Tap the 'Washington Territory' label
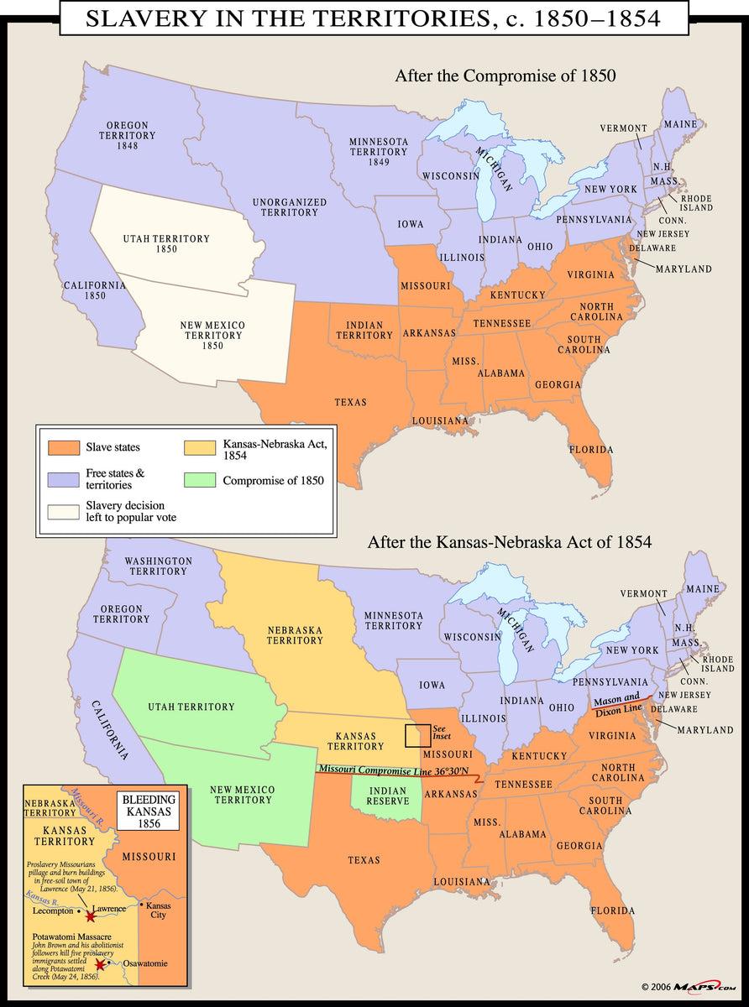pyautogui.click(x=158, y=566)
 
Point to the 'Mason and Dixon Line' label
pyautogui.click(x=617, y=704)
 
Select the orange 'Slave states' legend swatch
pyautogui.click(x=63, y=447)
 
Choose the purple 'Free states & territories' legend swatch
pyautogui.click(x=63, y=480)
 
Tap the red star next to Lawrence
pyautogui.click(x=91, y=917)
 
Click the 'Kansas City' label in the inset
pyautogui.click(x=155, y=910)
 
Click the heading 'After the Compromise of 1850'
pyautogui.click(x=505, y=76)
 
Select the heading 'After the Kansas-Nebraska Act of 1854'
pyautogui.click(x=509, y=542)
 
